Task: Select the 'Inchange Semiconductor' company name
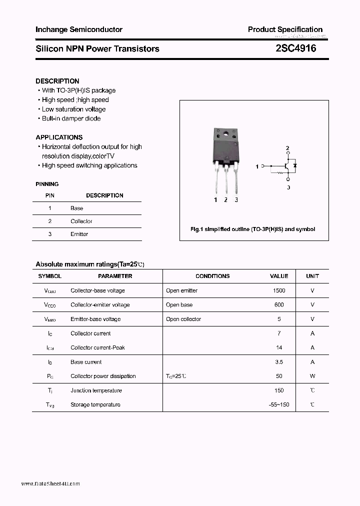click(79, 29)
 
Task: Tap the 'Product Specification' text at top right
click(285, 29)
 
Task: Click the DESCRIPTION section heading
click(57, 81)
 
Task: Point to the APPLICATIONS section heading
click(59, 137)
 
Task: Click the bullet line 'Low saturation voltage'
click(73, 109)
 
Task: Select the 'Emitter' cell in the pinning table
click(79, 234)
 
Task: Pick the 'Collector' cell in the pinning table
click(81, 221)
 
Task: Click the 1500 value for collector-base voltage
click(279, 290)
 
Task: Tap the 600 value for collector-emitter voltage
click(279, 304)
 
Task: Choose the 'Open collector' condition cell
click(183, 319)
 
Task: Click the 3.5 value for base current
click(279, 362)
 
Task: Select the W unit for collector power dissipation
click(312, 376)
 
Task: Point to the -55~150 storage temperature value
click(279, 404)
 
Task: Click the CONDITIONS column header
click(212, 276)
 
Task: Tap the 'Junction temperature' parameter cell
click(95, 390)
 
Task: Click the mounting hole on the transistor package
click(225, 133)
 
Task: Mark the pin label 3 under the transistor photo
click(236, 200)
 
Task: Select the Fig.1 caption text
click(253, 229)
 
